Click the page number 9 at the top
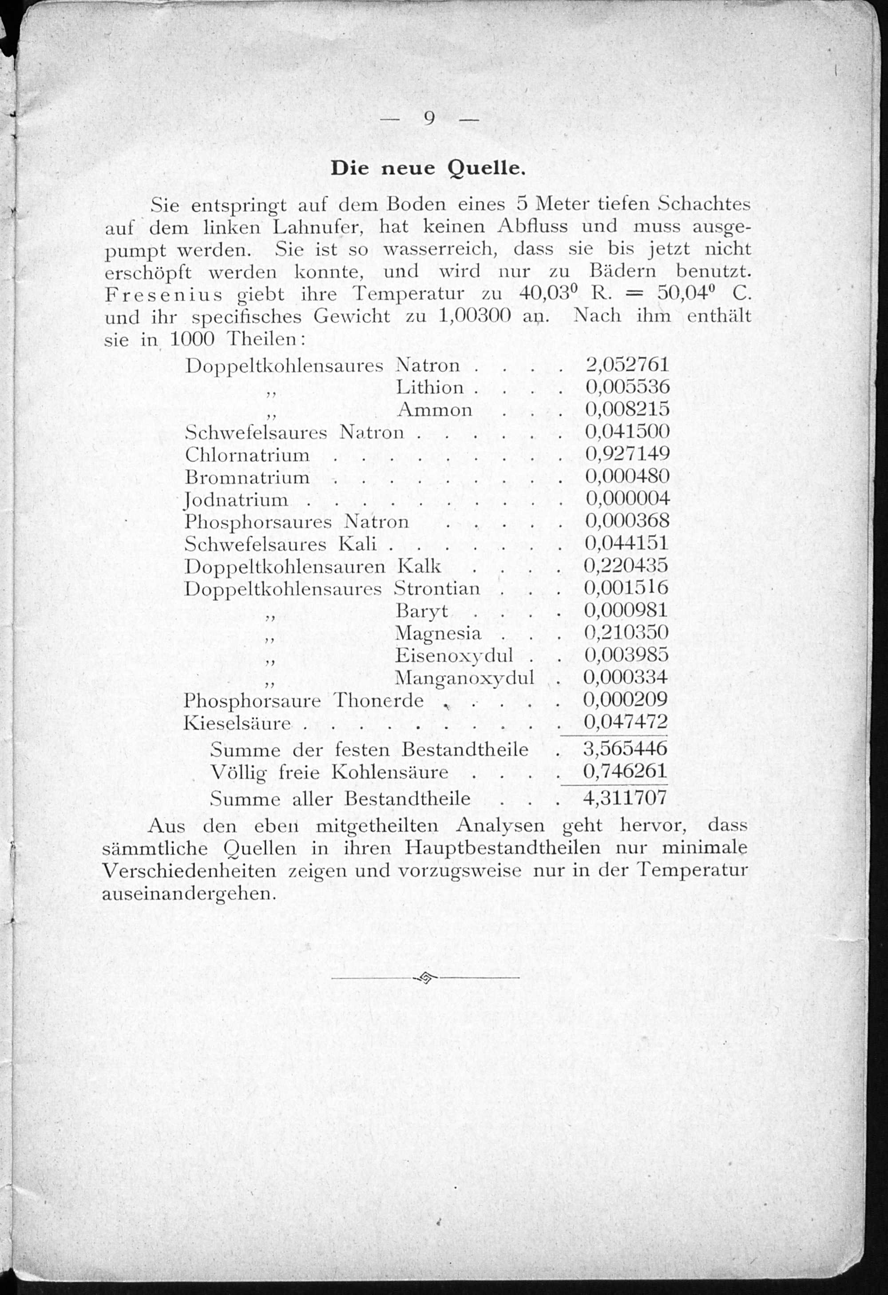coord(429,118)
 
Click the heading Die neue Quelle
coord(428,168)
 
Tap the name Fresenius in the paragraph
coord(163,294)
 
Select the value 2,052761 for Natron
coord(627,365)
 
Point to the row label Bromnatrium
coord(247,477)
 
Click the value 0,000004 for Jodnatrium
coord(627,499)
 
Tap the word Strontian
coord(437,588)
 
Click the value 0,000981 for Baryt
coord(626,610)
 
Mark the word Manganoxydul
coord(464,678)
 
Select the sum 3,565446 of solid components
coord(625,749)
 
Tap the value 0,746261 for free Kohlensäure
coord(625,771)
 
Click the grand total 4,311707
coord(625,798)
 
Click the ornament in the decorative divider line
coord(425,977)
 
